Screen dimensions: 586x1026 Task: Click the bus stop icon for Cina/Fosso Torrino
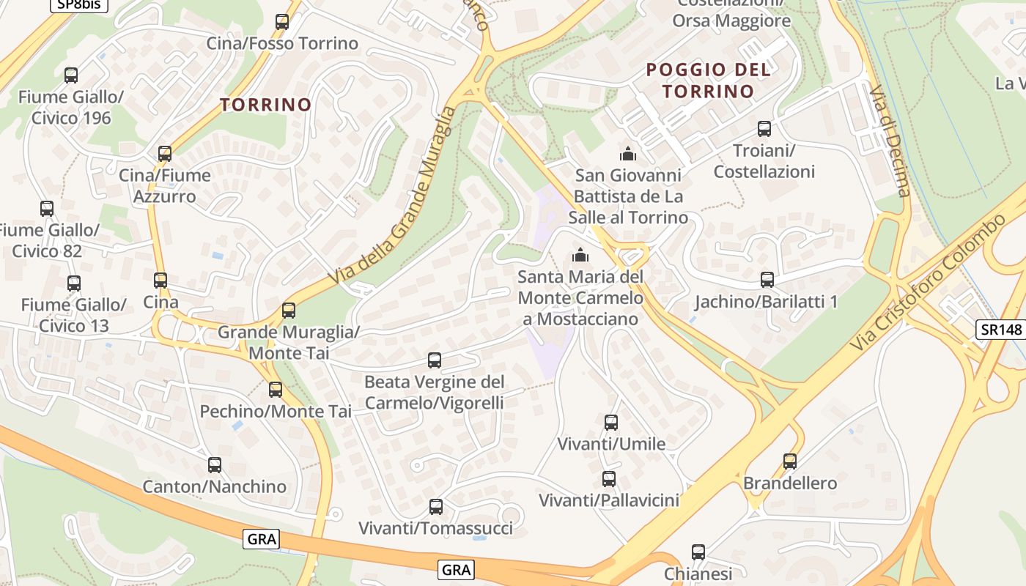point(282,22)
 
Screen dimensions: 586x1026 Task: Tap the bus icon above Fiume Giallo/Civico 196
point(71,75)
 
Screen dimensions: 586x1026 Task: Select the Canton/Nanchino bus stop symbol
point(215,464)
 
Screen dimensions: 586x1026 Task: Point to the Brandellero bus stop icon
point(790,461)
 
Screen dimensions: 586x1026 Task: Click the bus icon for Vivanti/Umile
point(611,422)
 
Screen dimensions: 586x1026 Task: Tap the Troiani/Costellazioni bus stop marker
point(764,129)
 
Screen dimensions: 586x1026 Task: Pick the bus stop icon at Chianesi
point(698,552)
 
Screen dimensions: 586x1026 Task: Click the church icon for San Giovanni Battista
point(628,154)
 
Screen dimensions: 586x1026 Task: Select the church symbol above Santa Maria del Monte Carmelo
point(581,255)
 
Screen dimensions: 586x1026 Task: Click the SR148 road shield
point(1000,330)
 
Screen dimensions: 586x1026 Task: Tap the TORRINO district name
point(266,105)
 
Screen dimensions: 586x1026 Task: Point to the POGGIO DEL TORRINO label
point(709,81)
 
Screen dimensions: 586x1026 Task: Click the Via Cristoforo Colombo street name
point(929,281)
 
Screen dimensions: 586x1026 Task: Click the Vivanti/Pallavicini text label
point(609,500)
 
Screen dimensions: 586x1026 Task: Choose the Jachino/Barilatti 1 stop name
point(766,302)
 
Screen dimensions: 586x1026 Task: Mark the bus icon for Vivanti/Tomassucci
point(436,506)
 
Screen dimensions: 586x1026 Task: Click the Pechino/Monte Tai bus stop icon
point(276,390)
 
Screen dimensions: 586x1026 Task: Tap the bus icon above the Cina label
point(160,280)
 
